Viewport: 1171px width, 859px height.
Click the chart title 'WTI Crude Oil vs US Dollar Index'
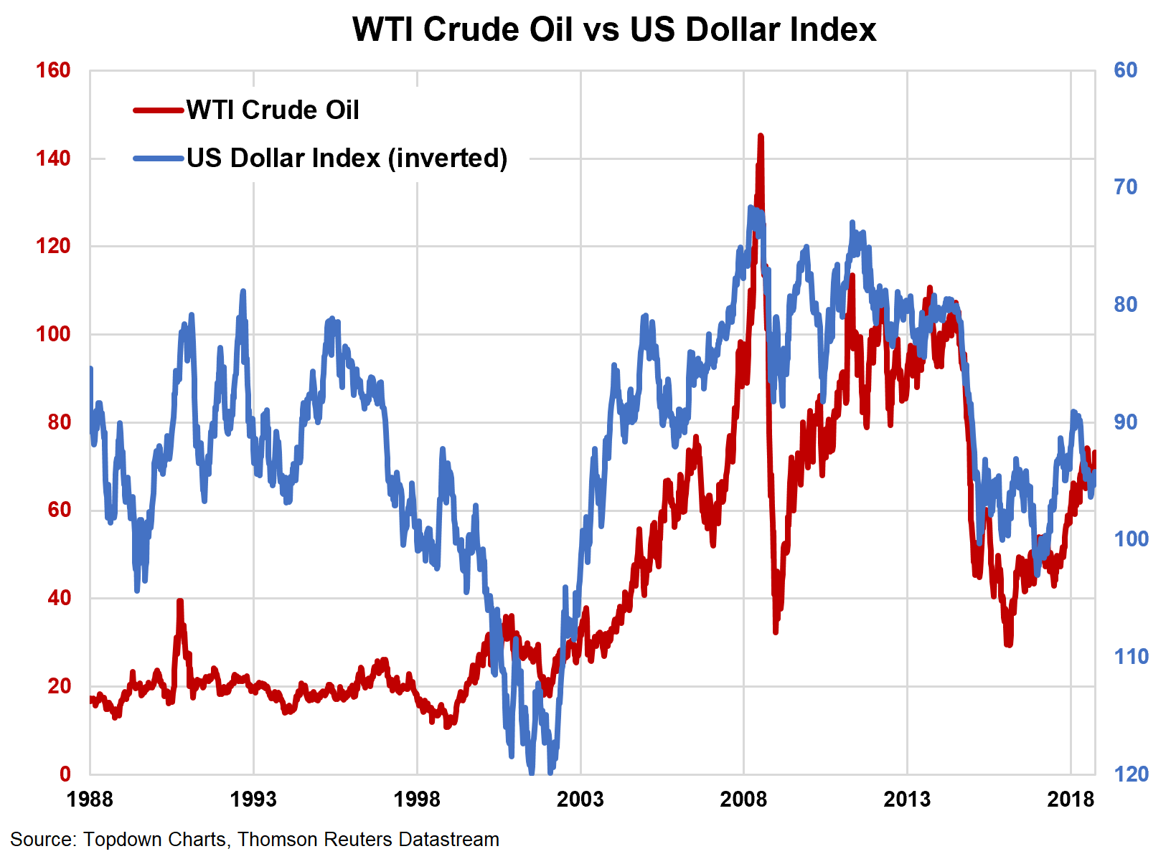pyautogui.click(x=614, y=30)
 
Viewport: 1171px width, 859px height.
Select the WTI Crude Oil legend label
pyautogui.click(x=273, y=110)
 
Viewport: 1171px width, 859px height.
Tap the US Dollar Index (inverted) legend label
pyautogui.click(x=347, y=158)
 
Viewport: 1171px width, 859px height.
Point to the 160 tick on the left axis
pyautogui.click(x=53, y=70)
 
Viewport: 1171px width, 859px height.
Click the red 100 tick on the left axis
pyautogui.click(x=53, y=334)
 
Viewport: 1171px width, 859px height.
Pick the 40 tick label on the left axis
pyautogui.click(x=59, y=598)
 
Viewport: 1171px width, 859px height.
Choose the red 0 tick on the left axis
pyautogui.click(x=65, y=774)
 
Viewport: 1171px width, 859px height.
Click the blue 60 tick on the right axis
pyautogui.click(x=1125, y=70)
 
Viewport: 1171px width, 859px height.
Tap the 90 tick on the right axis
pyautogui.click(x=1125, y=422)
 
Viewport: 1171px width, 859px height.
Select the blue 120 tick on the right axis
pyautogui.click(x=1131, y=774)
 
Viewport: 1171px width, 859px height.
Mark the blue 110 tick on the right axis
pyautogui.click(x=1131, y=656)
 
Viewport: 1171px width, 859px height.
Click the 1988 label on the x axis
pyautogui.click(x=90, y=799)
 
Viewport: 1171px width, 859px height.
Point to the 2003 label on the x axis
pyautogui.click(x=580, y=799)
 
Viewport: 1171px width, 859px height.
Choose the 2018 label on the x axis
pyautogui.click(x=1071, y=799)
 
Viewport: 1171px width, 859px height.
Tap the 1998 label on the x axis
pyautogui.click(x=417, y=799)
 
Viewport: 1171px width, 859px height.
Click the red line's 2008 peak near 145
pyautogui.click(x=761, y=136)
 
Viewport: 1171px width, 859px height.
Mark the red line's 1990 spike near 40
pyautogui.click(x=180, y=602)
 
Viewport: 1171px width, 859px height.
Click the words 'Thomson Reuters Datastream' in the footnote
pyautogui.click(x=368, y=840)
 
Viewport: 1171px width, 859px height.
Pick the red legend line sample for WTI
pyautogui.click(x=158, y=110)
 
